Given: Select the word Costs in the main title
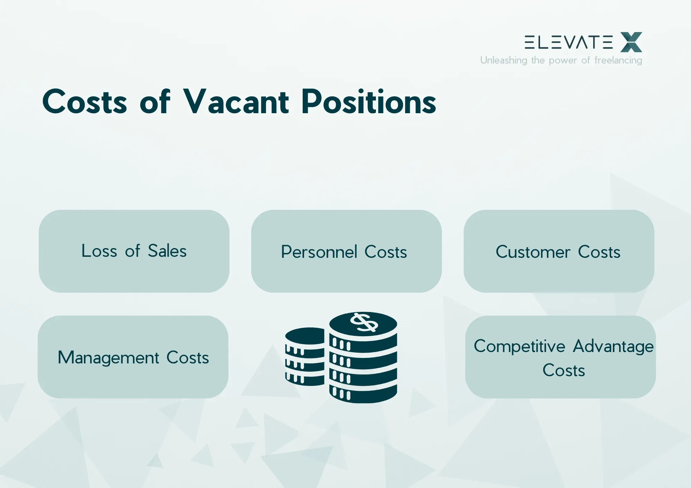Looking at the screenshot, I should coord(85,102).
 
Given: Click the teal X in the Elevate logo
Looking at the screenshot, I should coord(631,42).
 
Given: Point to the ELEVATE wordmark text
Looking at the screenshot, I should coord(568,42).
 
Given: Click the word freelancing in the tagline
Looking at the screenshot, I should coord(618,60).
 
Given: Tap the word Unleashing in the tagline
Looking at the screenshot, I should coord(503,60).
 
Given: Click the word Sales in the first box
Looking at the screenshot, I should coord(167,251).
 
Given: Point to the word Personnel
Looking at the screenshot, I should coord(319,252).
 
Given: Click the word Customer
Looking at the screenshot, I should coord(533,252).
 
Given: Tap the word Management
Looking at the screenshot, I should coord(108,358).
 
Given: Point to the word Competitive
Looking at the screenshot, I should coord(519,346).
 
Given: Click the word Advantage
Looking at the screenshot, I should coord(613,346).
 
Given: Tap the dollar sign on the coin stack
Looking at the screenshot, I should coord(364,322).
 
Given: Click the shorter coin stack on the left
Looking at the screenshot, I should coord(304,357).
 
